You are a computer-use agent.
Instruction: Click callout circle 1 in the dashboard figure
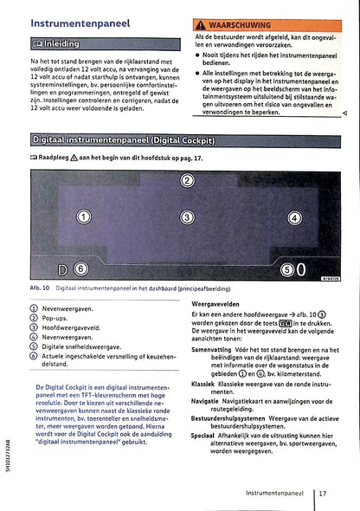point(83,217)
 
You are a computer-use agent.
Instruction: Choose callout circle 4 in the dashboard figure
point(293,217)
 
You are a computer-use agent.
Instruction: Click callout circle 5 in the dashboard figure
point(287,270)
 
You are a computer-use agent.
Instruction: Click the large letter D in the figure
point(63,269)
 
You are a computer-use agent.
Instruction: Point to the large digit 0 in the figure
point(301,270)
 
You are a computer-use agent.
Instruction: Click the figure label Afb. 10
point(39,287)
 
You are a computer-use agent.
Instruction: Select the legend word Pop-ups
point(56,318)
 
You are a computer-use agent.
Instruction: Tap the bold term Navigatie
point(209,401)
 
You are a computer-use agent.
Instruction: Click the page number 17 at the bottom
point(322,493)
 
